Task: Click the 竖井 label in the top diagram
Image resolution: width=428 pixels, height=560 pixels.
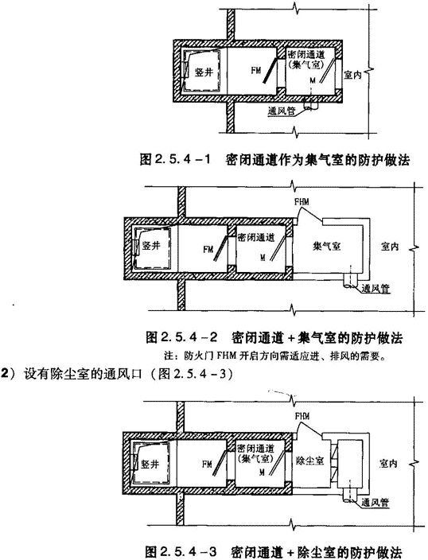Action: pyautogui.click(x=204, y=72)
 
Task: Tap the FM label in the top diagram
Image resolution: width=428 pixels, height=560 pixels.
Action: pyautogui.click(x=256, y=71)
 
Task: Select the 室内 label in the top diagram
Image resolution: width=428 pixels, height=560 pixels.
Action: pyautogui.click(x=352, y=75)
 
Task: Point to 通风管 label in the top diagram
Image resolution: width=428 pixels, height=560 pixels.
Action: pyautogui.click(x=282, y=111)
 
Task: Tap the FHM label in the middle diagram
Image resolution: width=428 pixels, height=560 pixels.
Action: pyautogui.click(x=302, y=202)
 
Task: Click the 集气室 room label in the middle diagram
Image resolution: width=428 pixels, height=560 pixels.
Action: pyautogui.click(x=326, y=246)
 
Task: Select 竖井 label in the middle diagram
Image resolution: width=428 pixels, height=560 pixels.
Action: pyautogui.click(x=151, y=245)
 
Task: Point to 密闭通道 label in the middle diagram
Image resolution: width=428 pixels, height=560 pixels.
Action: pyautogui.click(x=256, y=237)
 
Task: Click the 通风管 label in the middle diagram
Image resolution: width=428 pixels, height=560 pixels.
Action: pyautogui.click(x=375, y=289)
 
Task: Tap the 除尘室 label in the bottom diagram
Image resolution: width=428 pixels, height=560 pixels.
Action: pyautogui.click(x=309, y=461)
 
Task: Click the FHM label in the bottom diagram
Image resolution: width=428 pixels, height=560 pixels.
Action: pyautogui.click(x=302, y=416)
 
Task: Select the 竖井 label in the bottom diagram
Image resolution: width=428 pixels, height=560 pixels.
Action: pyautogui.click(x=150, y=465)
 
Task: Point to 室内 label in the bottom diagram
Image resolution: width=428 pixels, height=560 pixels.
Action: pyautogui.click(x=388, y=464)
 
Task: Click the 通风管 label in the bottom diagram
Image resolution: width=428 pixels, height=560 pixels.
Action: pyautogui.click(x=375, y=502)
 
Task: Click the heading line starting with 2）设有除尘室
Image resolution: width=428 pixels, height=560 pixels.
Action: pyautogui.click(x=119, y=374)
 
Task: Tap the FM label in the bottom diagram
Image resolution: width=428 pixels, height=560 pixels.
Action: pyautogui.click(x=207, y=465)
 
